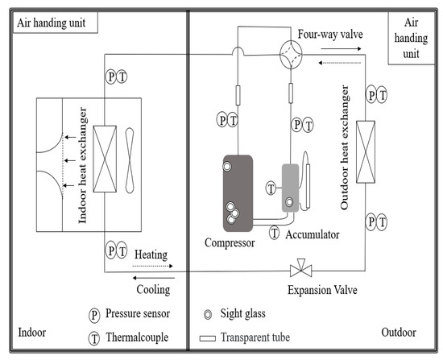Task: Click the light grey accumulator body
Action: pos(292,188)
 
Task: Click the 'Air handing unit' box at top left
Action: pos(52,23)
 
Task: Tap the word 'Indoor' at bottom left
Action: pos(33,332)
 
